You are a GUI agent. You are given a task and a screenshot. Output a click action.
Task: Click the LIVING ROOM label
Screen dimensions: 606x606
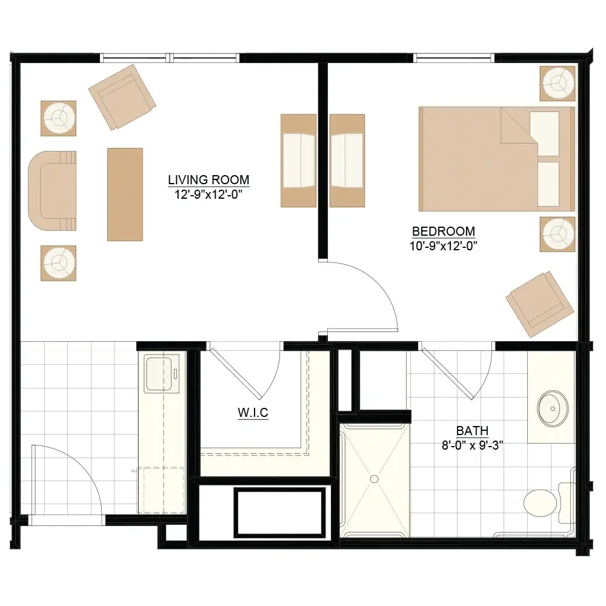click(208, 180)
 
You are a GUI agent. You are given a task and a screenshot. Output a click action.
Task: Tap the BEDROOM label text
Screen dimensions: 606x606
click(444, 231)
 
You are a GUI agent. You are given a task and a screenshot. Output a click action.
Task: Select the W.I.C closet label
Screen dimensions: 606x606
click(253, 412)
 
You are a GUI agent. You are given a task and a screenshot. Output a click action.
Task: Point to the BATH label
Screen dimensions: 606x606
click(472, 430)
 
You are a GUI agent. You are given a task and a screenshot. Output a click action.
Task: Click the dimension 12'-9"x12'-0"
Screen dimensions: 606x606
click(208, 195)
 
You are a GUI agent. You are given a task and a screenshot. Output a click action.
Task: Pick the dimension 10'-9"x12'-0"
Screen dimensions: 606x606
click(444, 246)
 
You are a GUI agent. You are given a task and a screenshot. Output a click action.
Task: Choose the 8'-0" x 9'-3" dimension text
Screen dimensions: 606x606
click(472, 445)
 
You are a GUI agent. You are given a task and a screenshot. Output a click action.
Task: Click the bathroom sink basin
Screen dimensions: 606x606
click(553, 408)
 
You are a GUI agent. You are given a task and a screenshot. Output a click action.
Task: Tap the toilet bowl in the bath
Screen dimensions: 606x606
click(541, 503)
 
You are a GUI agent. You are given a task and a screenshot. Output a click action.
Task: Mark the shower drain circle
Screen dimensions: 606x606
click(374, 479)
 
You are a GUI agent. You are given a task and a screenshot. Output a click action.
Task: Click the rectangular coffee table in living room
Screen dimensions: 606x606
click(125, 195)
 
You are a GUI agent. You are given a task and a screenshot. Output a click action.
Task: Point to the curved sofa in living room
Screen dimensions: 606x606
click(52, 191)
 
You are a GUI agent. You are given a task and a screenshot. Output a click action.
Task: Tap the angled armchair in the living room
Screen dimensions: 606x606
click(122, 97)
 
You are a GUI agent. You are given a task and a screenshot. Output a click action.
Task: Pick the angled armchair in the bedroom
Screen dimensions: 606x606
click(540, 304)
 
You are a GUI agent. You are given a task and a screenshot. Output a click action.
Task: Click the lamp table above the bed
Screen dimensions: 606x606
click(558, 84)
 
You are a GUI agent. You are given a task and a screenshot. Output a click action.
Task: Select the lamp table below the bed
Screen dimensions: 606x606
click(558, 234)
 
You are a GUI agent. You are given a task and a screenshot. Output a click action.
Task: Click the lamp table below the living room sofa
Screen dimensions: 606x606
click(58, 263)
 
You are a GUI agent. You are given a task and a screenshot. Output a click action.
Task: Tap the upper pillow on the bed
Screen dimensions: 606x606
click(545, 134)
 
